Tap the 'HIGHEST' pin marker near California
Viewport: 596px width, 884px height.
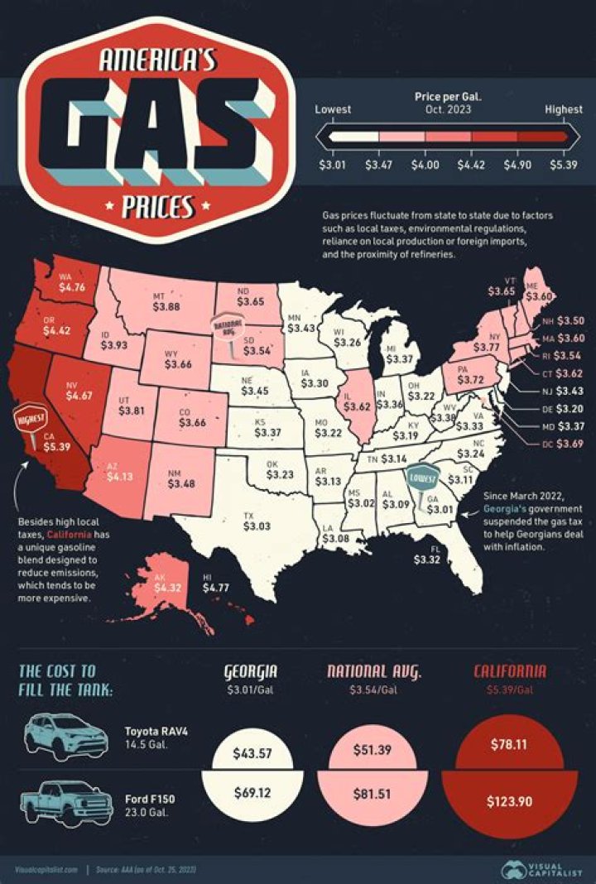30,424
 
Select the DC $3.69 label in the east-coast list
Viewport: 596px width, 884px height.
564,446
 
